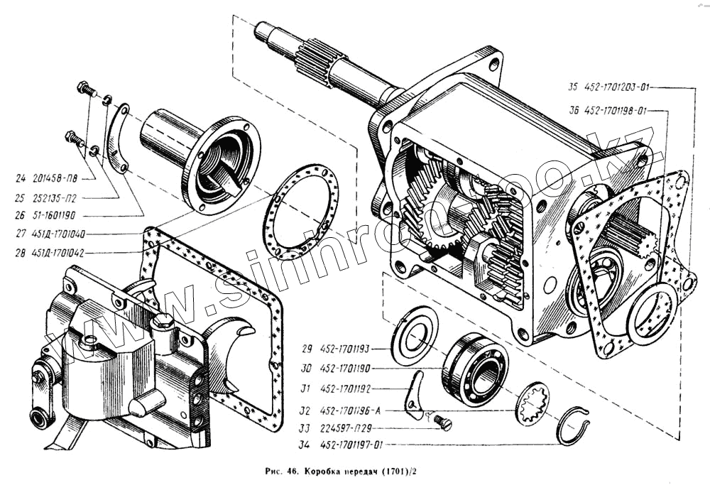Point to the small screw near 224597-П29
point(445,423)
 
